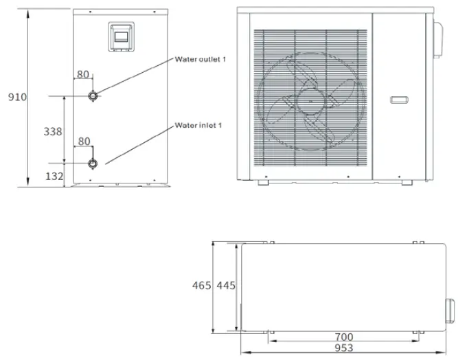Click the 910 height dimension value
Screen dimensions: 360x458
coord(17,97)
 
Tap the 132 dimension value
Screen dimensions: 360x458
coord(53,177)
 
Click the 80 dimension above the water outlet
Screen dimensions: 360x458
coord(83,74)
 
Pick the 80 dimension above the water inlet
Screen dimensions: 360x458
coord(84,141)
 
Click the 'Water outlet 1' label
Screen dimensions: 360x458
coord(201,60)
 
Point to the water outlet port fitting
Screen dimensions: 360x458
coord(93,96)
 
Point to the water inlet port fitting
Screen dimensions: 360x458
coord(93,163)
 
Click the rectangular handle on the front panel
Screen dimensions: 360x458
coord(400,100)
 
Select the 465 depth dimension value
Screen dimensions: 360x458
coord(202,285)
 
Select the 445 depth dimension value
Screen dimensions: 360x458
coord(226,285)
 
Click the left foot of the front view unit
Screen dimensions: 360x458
coord(264,181)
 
